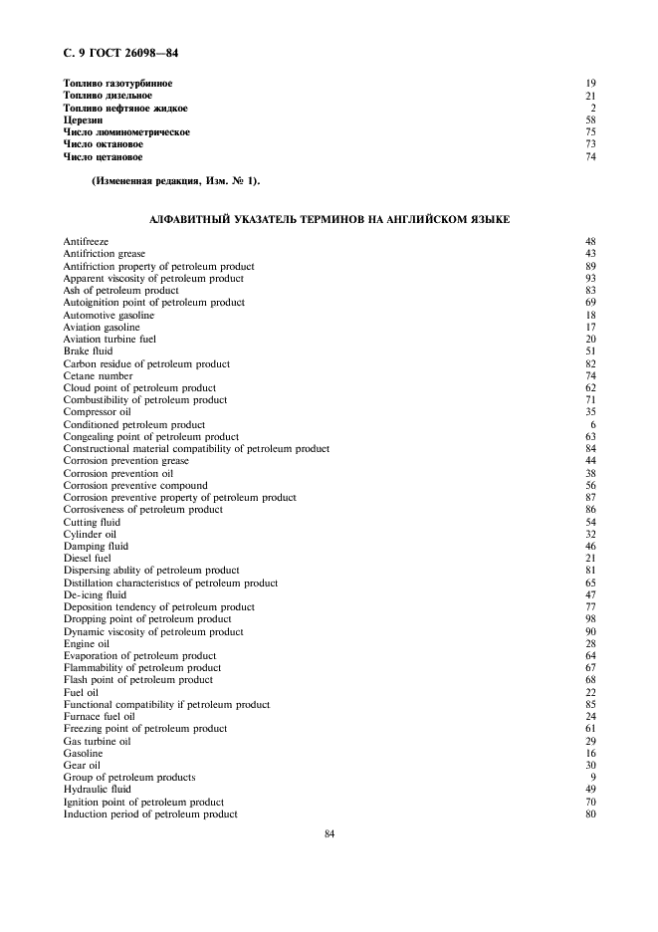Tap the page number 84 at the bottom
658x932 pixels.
point(329,834)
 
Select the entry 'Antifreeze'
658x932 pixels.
point(86,242)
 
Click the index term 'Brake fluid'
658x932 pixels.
point(88,351)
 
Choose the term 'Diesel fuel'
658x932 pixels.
point(88,559)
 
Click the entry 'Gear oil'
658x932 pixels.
point(82,766)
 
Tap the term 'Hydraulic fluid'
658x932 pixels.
point(97,790)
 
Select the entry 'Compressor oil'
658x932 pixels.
point(97,412)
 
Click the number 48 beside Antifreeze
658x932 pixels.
point(590,242)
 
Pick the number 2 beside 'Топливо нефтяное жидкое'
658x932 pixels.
point(592,108)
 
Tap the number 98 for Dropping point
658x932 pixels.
point(590,619)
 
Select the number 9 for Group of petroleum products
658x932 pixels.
point(592,778)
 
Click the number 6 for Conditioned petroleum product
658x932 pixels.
point(592,425)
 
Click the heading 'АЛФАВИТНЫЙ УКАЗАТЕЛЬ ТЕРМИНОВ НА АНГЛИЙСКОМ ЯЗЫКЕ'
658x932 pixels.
point(329,219)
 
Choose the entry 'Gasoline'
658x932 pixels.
point(83,754)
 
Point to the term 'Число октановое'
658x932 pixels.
point(103,144)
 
